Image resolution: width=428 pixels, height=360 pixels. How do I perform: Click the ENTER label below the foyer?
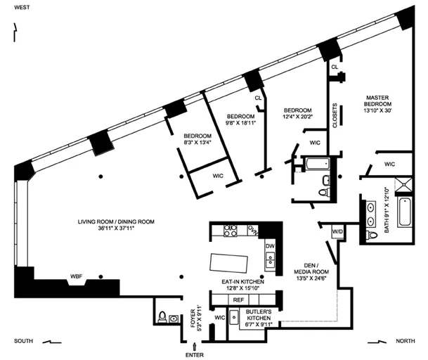click(195, 354)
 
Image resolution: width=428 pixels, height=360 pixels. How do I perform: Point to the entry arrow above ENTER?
click(195, 345)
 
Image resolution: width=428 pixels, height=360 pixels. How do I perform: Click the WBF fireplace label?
click(76, 276)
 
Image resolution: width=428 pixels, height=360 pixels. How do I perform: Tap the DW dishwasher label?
click(270, 245)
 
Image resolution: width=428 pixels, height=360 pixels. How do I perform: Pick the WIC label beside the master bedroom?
click(389, 164)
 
